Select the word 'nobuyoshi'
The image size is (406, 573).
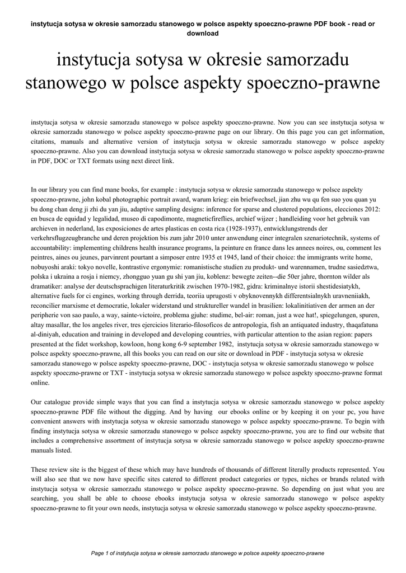(47, 267)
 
